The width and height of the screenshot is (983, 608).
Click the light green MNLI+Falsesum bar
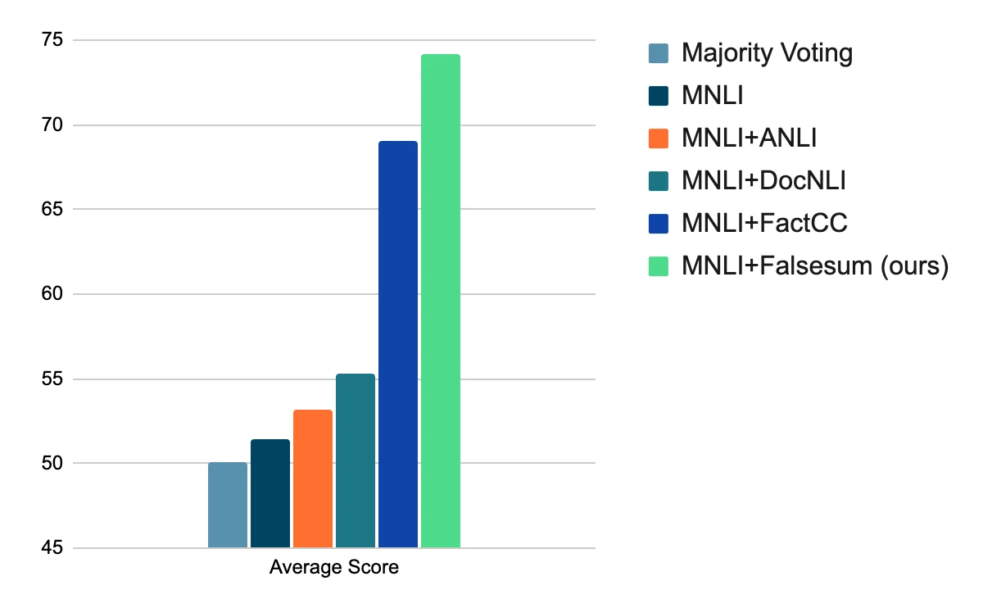coord(441,301)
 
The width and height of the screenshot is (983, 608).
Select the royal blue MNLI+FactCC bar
coord(398,344)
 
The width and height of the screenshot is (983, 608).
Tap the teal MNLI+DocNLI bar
coord(356,461)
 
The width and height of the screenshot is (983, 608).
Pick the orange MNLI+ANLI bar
coord(313,479)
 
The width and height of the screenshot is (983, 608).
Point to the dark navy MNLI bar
coord(270,493)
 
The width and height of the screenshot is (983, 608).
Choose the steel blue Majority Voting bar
coord(228,505)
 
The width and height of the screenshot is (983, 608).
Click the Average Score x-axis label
coord(334,567)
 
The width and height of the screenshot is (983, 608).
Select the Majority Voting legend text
coord(767,54)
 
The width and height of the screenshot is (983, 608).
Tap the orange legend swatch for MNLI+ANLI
coord(659,138)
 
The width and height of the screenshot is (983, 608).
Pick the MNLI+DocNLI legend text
coord(763,181)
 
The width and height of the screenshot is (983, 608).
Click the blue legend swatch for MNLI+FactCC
coord(659,224)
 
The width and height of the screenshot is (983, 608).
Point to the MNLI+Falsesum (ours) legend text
coord(814,266)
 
